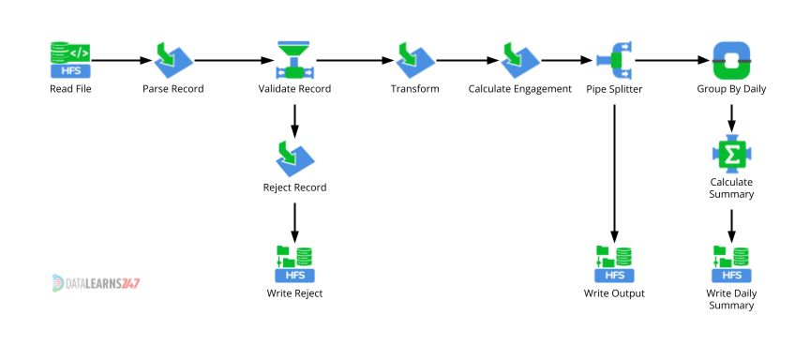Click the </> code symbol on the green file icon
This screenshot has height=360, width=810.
click(80, 52)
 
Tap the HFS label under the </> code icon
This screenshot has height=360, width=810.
click(70, 70)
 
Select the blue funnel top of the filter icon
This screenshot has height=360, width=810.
click(293, 47)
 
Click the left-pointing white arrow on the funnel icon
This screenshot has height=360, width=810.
click(280, 72)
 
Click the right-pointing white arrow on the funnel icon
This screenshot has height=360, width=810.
click(308, 72)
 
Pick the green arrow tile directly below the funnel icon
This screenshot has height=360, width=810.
click(294, 157)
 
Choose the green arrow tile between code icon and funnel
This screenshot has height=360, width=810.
click(172, 59)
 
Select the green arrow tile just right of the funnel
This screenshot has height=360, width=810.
click(414, 59)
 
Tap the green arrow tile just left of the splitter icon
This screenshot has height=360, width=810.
click(519, 59)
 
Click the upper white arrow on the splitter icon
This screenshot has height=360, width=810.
click(625, 46)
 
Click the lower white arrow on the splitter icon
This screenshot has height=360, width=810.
click(625, 73)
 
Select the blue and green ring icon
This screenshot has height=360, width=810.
click(731, 60)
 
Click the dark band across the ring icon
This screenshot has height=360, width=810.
click(731, 61)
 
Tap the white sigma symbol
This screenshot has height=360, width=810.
click(732, 154)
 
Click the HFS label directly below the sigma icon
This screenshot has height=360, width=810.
click(731, 275)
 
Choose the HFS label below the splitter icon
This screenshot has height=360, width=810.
click(614, 275)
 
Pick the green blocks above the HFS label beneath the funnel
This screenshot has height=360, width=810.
click(294, 256)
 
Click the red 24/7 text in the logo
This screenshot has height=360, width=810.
click(130, 283)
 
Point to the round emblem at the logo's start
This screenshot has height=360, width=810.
click(57, 282)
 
